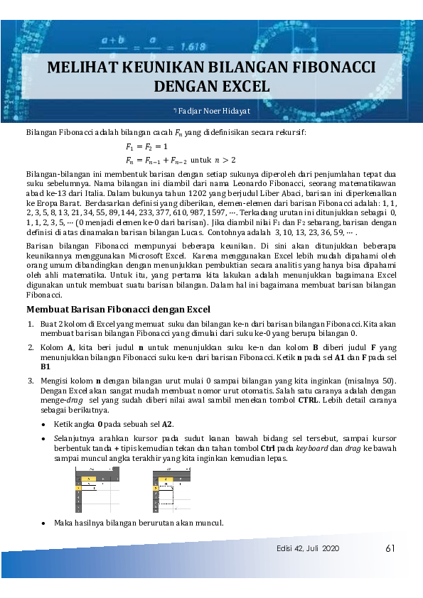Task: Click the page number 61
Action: coord(390,548)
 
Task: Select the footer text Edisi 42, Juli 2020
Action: coord(309,549)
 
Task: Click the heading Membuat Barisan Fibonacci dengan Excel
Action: coord(118,309)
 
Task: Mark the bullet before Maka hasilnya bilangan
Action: coord(44,523)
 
